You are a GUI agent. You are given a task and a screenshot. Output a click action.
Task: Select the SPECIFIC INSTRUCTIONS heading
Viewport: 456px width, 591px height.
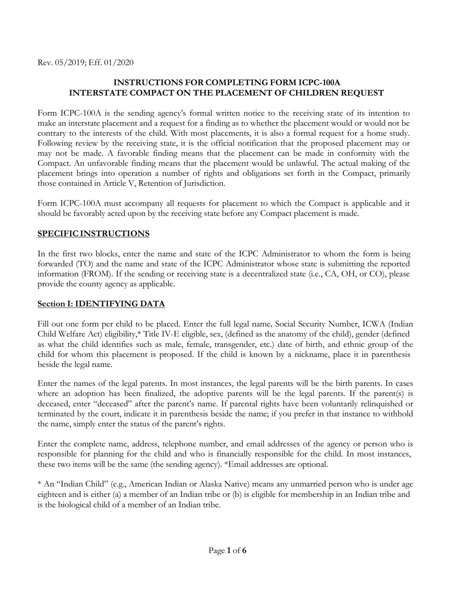click(93, 234)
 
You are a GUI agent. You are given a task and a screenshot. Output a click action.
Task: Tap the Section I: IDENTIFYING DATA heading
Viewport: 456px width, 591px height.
click(101, 304)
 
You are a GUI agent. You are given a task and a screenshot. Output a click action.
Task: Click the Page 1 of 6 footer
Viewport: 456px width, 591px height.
click(228, 551)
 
